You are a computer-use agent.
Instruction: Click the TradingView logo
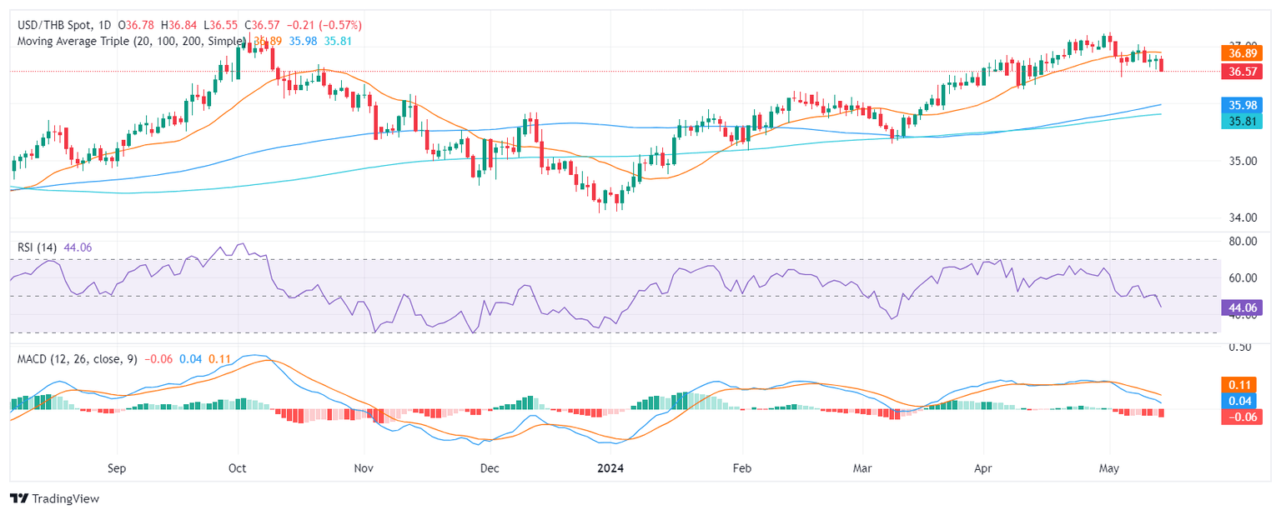pyautogui.click(x=54, y=498)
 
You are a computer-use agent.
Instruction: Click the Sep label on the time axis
pyautogui.click(x=117, y=467)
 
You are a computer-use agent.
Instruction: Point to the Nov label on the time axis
pyautogui.click(x=364, y=467)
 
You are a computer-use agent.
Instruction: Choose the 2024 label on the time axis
pyautogui.click(x=613, y=467)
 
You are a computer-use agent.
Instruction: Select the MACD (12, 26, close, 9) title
pyautogui.click(x=75, y=358)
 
